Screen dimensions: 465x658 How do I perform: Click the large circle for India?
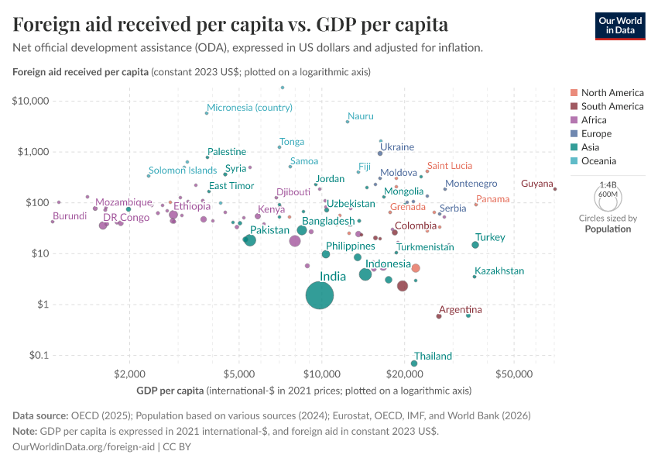320,295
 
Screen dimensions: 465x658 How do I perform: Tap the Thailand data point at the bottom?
414,363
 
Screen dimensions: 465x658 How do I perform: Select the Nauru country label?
361,116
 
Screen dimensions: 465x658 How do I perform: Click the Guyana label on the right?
536,184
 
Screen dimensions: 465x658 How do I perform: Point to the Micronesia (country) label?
249,107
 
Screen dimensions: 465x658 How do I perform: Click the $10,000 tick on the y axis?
31,101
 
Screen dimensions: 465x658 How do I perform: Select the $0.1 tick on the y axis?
37,355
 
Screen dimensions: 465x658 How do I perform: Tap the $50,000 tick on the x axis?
514,374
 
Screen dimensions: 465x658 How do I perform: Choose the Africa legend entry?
593,120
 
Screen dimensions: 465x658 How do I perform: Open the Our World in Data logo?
619,25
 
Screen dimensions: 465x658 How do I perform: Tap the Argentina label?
461,310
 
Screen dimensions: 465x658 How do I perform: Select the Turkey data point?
475,245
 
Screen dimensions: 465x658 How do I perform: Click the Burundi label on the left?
70,216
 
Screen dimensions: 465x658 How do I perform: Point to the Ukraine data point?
380,153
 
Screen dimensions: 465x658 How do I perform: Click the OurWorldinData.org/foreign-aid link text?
84,446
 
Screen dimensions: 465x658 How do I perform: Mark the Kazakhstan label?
499,271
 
